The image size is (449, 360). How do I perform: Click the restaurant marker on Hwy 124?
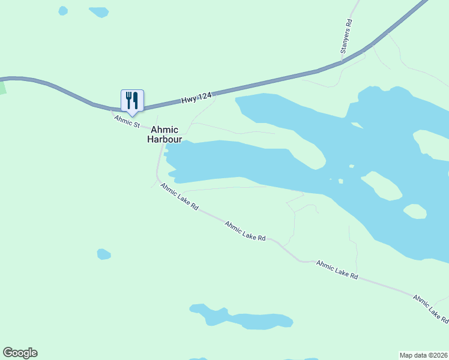click(x=132, y=101)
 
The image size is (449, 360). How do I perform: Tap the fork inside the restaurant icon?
click(x=128, y=100)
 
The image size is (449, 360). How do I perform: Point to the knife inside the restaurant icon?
click(x=136, y=100)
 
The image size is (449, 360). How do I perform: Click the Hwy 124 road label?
click(x=196, y=98)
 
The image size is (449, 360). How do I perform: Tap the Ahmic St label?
click(x=127, y=121)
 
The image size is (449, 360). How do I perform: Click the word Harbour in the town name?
click(x=164, y=139)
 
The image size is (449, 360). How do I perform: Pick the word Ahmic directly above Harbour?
click(x=164, y=130)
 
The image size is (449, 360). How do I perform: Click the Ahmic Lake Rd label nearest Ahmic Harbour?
click(x=179, y=196)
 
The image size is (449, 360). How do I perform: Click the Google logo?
click(x=20, y=353)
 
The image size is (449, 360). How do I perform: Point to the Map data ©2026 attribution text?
click(x=423, y=355)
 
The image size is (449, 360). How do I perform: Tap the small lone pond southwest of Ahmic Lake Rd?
click(x=104, y=254)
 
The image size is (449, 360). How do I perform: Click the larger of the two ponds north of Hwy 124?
click(x=98, y=12)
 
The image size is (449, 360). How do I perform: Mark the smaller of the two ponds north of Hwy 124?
click(x=63, y=11)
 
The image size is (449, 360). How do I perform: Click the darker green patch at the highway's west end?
click(x=2, y=86)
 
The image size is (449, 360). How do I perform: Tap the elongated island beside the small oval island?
click(x=382, y=185)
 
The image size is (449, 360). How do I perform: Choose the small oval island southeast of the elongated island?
click(x=415, y=211)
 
